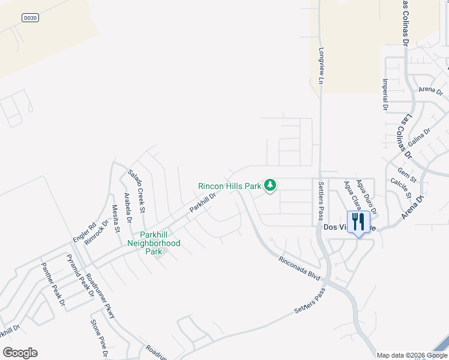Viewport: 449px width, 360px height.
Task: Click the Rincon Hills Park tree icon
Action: tap(270, 185)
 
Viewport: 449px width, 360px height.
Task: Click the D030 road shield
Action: tap(30, 18)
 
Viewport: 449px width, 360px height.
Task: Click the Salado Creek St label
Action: tap(136, 191)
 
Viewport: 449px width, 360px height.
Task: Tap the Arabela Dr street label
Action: tap(128, 207)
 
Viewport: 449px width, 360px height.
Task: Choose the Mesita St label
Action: tap(116, 218)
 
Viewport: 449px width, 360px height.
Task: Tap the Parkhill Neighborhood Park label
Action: tap(154, 243)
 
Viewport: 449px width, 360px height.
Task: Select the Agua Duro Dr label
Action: tap(366, 197)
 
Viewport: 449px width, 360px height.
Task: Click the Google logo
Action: tap(20, 353)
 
